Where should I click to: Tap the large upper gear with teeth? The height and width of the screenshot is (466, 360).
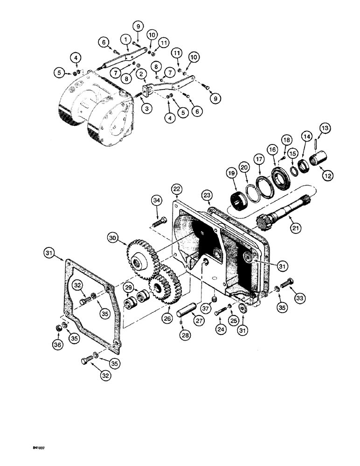coord(142,254)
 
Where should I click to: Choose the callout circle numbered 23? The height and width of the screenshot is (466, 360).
coord(207,195)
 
